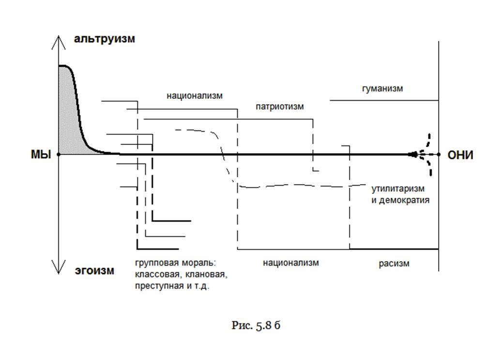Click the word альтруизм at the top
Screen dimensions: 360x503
click(x=104, y=39)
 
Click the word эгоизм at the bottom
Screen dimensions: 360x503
click(x=95, y=270)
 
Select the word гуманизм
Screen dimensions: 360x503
click(x=382, y=89)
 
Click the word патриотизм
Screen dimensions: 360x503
click(x=280, y=106)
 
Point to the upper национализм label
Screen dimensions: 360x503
click(x=195, y=95)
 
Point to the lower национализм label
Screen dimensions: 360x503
click(x=291, y=263)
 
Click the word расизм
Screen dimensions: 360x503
click(x=394, y=264)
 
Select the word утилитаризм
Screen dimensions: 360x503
click(x=398, y=188)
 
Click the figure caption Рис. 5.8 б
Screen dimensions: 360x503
click(x=256, y=325)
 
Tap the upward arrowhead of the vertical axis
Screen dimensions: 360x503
click(x=59, y=41)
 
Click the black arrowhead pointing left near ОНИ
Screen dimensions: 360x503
click(x=412, y=155)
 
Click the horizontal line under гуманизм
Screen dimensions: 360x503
click(x=384, y=100)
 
